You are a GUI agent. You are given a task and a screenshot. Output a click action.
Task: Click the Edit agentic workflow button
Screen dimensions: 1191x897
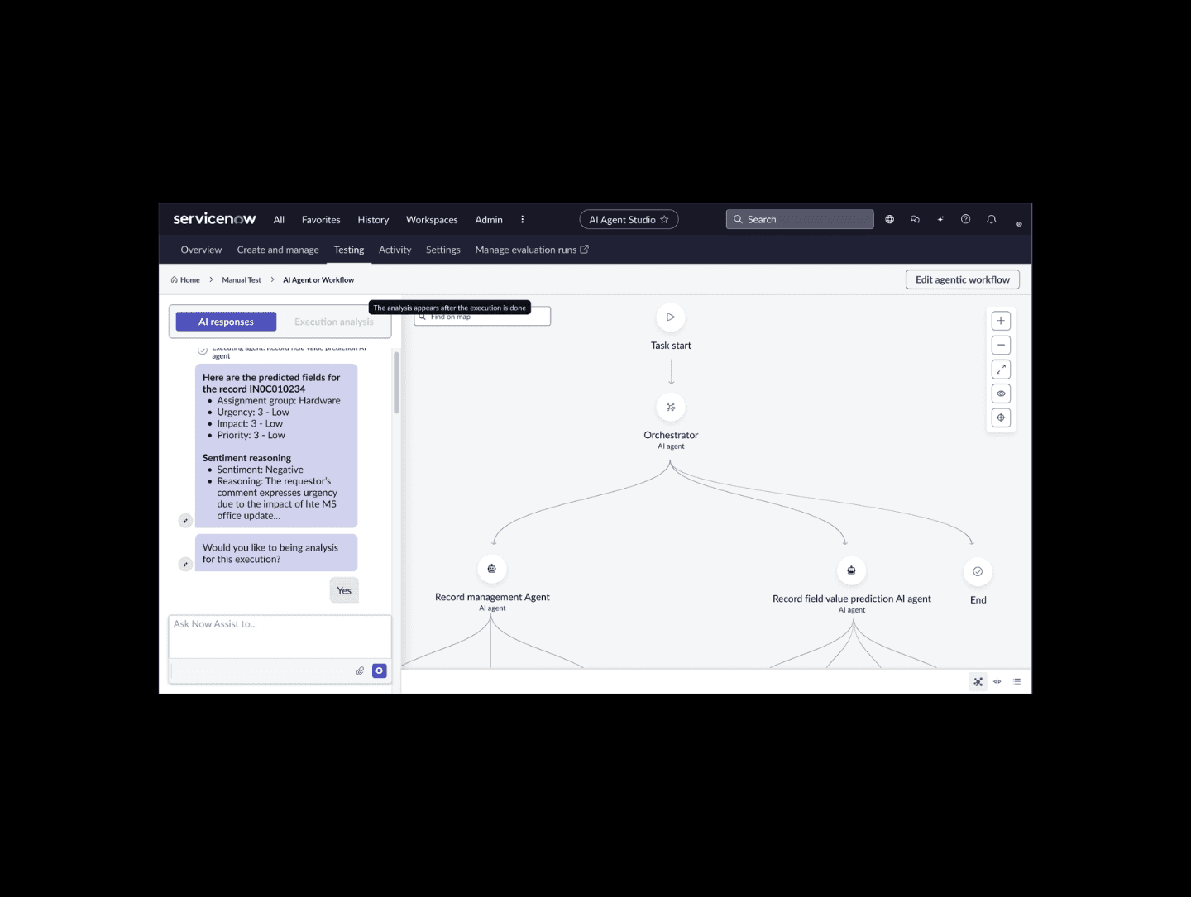[x=962, y=280]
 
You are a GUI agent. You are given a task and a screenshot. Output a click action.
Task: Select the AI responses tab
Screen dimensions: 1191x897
[x=226, y=322]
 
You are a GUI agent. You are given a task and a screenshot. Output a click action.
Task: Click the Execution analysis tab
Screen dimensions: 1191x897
[x=333, y=322]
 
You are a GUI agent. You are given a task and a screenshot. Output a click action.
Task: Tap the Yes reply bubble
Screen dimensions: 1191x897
[x=344, y=590]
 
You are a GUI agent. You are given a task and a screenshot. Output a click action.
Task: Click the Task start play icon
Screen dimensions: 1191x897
[x=671, y=317]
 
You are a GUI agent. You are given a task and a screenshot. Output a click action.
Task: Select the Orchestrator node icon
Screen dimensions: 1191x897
[x=671, y=407]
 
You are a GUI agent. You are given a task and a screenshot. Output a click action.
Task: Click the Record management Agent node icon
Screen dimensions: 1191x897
[x=492, y=569]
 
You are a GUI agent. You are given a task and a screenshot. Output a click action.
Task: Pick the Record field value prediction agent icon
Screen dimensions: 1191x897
[x=851, y=570]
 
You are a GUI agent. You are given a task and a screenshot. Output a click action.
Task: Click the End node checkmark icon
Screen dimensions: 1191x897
[x=978, y=571]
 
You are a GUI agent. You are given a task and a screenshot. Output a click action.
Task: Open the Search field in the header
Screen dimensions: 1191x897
[x=800, y=219]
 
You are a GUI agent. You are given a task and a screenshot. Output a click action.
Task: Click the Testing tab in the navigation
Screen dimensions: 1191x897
[x=349, y=250]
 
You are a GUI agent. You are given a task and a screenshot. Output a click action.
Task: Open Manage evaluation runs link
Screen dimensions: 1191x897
[x=532, y=250]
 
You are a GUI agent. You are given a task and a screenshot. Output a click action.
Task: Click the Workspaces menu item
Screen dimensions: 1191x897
[x=432, y=220]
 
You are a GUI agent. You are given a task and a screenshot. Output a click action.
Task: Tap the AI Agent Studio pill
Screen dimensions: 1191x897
[x=629, y=220]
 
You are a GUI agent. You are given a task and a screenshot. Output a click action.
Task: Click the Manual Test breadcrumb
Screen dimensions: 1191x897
[x=242, y=280]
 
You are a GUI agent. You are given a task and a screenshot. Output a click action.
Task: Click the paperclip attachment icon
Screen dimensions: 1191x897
[x=360, y=671]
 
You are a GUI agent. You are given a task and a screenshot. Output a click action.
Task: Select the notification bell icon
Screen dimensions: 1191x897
[x=991, y=219]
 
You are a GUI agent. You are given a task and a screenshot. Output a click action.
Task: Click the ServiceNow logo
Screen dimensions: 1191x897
[x=214, y=219]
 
